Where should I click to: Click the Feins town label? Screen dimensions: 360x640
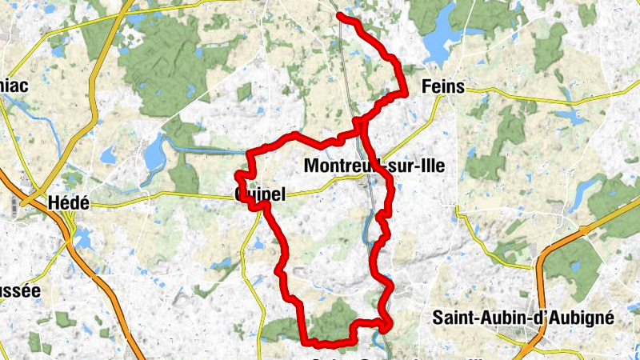[441, 86]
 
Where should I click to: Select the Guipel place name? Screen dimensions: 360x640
[261, 194]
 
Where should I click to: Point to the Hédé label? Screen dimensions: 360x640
[68, 202]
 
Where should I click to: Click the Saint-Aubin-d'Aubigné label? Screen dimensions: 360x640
[522, 317]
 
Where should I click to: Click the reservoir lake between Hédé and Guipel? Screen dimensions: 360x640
[154, 156]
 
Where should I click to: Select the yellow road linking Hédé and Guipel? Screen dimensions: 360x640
[160, 194]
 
